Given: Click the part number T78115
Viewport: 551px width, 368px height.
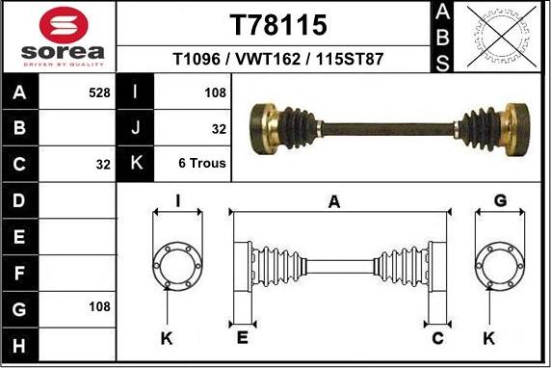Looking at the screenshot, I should (279, 23).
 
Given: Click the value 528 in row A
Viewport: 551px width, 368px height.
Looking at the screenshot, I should (98, 92).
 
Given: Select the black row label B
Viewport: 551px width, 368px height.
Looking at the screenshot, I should (20, 127).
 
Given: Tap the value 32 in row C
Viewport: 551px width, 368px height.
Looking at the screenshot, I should (103, 164).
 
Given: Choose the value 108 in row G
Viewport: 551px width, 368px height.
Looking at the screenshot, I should (98, 307).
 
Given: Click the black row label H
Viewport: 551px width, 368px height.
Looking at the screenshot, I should (20, 344).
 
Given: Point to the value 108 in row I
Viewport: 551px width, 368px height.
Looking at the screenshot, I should (215, 92).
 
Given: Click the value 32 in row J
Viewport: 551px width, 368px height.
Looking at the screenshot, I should (219, 127).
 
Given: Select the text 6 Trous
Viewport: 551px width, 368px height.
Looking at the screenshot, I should (202, 164).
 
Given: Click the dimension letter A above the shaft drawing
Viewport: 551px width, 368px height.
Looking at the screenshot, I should (334, 202).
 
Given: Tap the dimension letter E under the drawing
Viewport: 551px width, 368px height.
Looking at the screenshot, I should (242, 337).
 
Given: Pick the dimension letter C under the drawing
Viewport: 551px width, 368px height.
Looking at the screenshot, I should (437, 337).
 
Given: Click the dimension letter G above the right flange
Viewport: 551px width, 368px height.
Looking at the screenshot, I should (500, 200).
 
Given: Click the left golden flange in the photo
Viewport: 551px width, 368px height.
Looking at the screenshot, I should (263, 125).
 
